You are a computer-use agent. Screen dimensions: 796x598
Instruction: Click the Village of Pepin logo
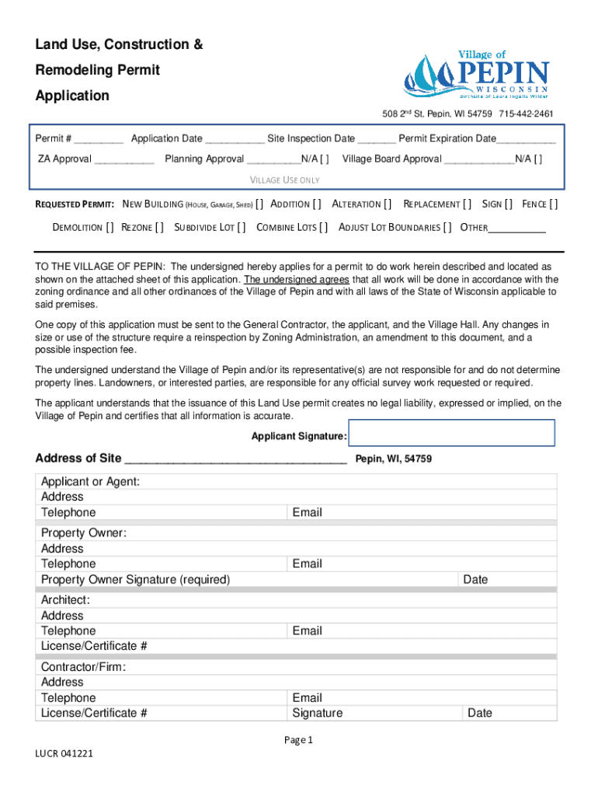(x=476, y=75)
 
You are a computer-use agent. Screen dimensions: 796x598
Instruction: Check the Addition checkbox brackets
(x=316, y=204)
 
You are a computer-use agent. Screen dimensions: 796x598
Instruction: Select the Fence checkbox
(x=553, y=204)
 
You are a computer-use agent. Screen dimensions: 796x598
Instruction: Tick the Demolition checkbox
(x=110, y=228)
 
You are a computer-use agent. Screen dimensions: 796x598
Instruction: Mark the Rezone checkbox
(x=159, y=228)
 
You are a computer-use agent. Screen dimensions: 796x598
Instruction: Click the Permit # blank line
(x=99, y=140)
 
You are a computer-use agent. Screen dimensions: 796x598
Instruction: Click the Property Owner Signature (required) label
(x=135, y=579)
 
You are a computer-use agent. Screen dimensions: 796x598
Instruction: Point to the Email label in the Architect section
(x=307, y=631)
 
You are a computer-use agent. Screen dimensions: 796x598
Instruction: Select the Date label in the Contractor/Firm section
(x=479, y=713)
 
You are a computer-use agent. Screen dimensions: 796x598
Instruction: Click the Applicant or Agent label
(x=90, y=482)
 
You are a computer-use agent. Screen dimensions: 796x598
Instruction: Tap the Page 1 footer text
(x=299, y=740)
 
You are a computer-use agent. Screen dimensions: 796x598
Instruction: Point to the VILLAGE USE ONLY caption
(x=284, y=180)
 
